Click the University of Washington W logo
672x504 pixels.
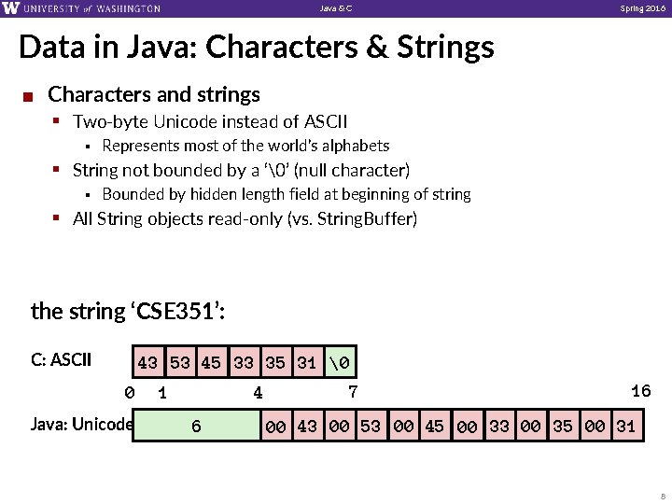10,8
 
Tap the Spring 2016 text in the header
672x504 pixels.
643,8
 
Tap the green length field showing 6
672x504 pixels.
196,427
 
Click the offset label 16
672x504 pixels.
640,391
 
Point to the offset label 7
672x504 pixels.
353,391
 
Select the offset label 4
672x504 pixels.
259,393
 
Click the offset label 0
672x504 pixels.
130,393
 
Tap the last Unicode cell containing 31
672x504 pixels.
625,427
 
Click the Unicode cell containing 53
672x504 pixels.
371,427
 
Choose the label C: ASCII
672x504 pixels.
61,358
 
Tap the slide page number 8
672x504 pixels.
662,496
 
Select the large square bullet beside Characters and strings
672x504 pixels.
30,96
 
